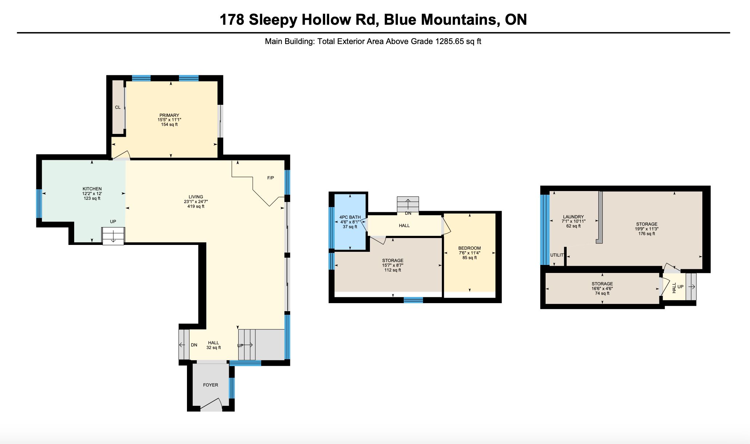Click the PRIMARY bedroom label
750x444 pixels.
pyautogui.click(x=169, y=115)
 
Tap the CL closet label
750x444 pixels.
pyautogui.click(x=118, y=107)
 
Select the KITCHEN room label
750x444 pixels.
pyautogui.click(x=92, y=189)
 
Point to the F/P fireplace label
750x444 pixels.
pyautogui.click(x=271, y=178)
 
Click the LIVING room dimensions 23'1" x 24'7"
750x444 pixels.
pyautogui.click(x=196, y=202)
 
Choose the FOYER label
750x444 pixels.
pyautogui.click(x=211, y=385)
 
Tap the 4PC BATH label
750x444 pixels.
pyautogui.click(x=350, y=217)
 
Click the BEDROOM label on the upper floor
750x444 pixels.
pyautogui.click(x=470, y=248)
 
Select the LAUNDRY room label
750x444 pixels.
pyautogui.click(x=573, y=217)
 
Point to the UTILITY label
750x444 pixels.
pyautogui.click(x=556, y=255)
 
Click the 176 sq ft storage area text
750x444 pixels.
pyautogui.click(x=647, y=234)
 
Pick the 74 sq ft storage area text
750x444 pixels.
pyautogui.click(x=602, y=293)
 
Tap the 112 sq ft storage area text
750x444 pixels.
pyautogui.click(x=393, y=270)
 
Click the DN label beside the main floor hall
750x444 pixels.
pyautogui.click(x=194, y=345)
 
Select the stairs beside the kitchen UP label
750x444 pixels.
pyautogui.click(x=113, y=236)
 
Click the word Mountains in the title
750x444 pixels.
pyautogui.click(x=459, y=19)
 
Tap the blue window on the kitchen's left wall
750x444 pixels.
pyautogui.click(x=39, y=203)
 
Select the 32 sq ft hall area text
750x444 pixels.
pyautogui.click(x=214, y=348)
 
